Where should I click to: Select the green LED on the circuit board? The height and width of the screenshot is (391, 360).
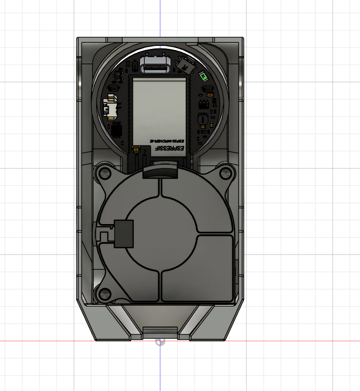203,77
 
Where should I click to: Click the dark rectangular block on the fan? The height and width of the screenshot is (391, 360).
124,233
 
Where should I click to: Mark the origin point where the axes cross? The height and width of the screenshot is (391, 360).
160,341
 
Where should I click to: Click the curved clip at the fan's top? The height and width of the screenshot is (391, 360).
160,171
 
